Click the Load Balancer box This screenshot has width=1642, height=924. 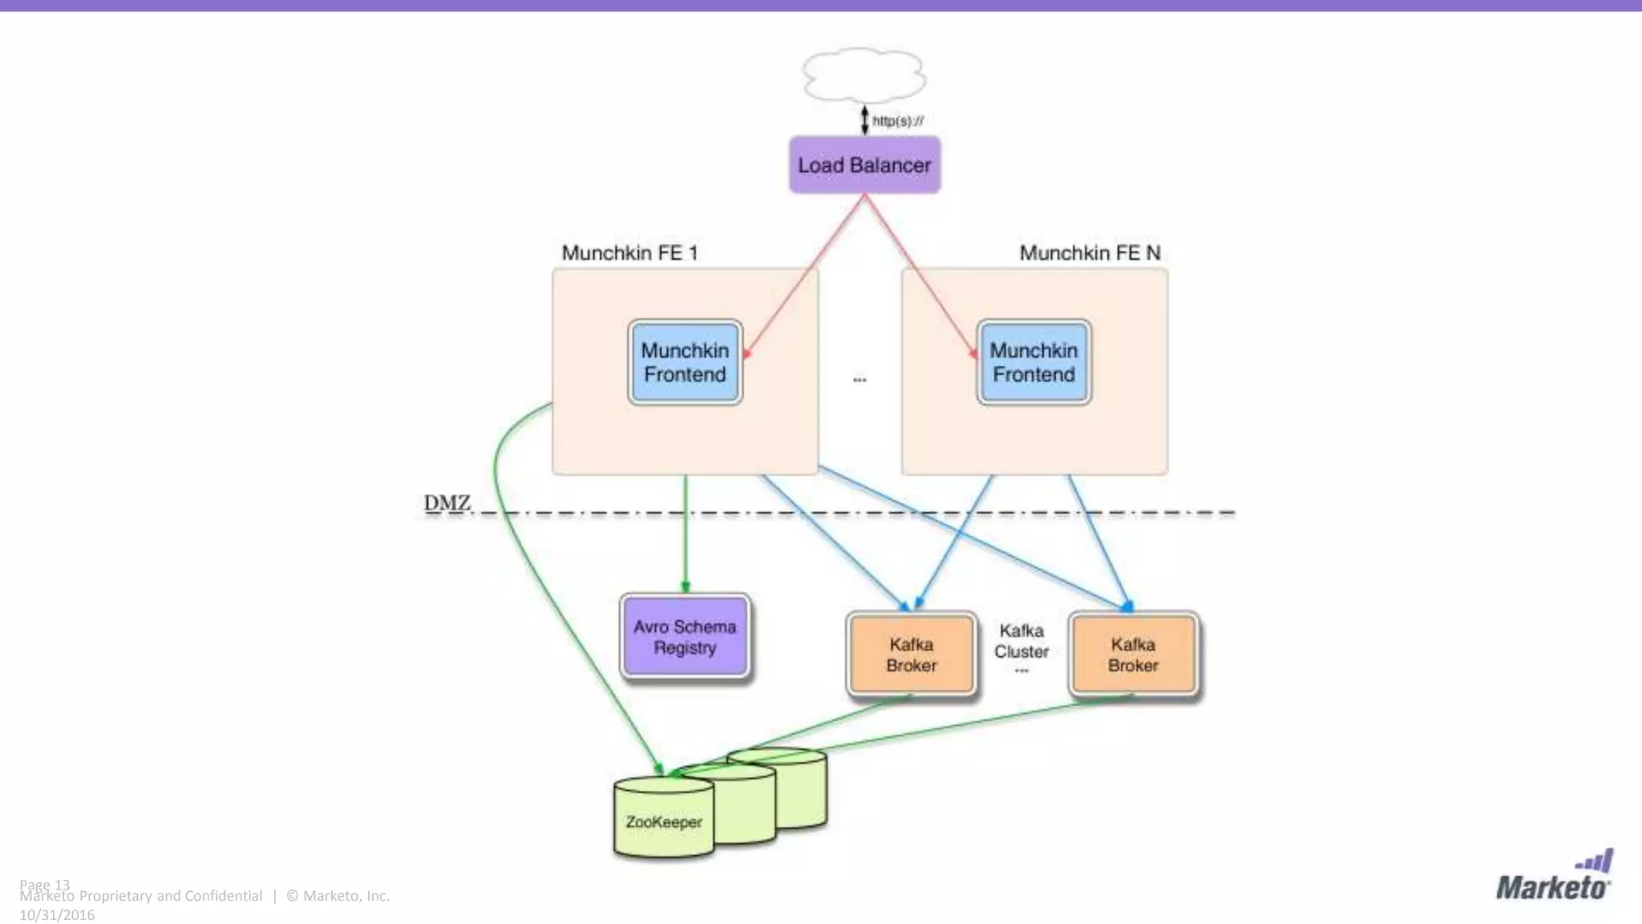[864, 165]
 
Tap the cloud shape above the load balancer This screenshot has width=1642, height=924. [864, 75]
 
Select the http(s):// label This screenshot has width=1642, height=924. [898, 121]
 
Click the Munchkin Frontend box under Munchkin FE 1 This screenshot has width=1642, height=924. [685, 363]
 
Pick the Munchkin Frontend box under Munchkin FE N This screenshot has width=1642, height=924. [1033, 363]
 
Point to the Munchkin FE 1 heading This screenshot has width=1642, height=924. [629, 253]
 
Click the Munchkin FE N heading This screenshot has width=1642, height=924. [1090, 253]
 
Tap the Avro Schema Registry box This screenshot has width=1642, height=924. [685, 637]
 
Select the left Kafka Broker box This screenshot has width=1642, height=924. [911, 654]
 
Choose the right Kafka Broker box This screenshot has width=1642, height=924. [1133, 654]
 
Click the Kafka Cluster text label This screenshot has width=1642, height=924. [1021, 642]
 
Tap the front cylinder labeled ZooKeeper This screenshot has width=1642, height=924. [664, 821]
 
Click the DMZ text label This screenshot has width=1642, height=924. [447, 503]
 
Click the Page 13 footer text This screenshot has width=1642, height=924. [45, 883]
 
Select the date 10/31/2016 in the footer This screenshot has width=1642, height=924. [57, 915]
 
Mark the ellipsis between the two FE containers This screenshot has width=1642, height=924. [859, 379]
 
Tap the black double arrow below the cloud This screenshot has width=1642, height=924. [864, 120]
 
